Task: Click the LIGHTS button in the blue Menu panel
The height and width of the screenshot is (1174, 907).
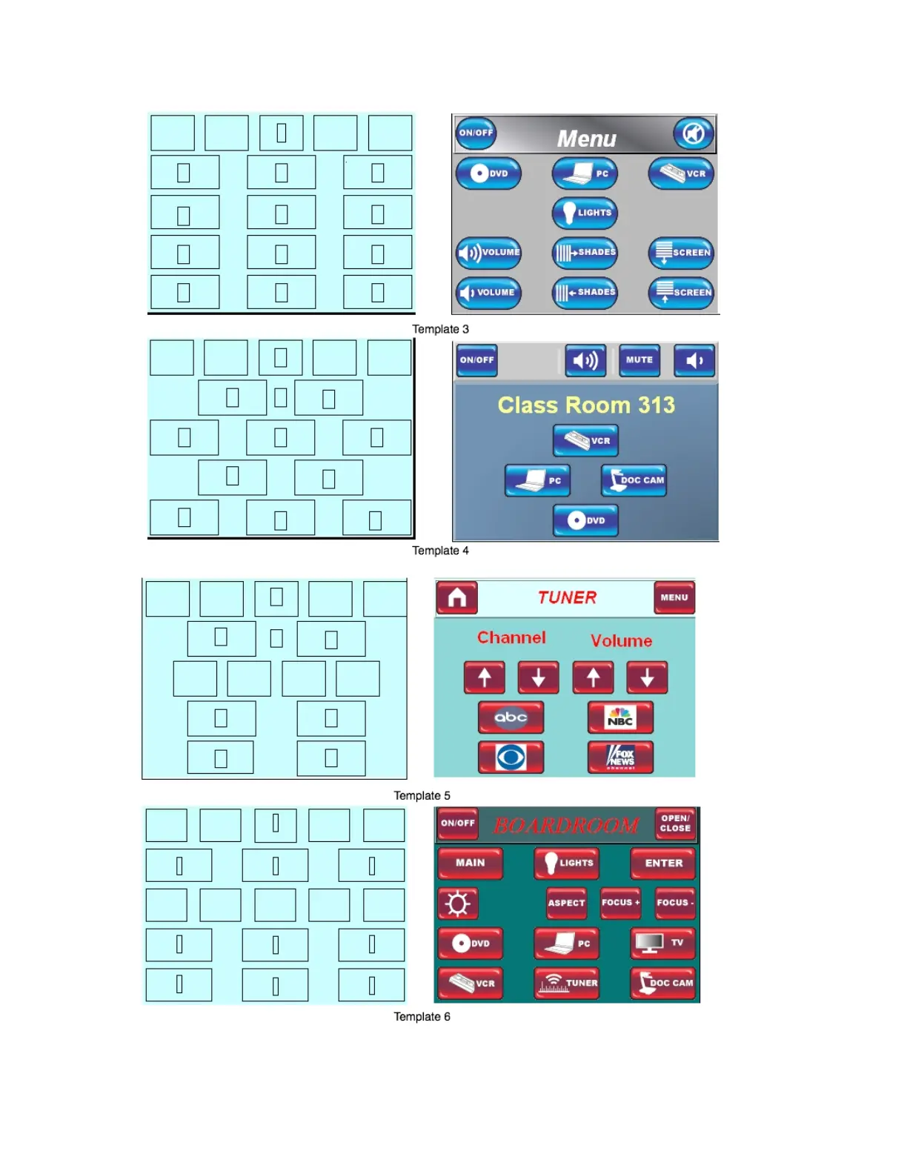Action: (585, 213)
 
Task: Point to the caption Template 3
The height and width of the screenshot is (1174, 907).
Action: (440, 329)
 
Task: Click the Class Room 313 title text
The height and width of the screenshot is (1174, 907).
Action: (586, 405)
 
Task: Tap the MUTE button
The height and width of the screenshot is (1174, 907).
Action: (639, 360)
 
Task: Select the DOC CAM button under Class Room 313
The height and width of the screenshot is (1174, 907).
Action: (634, 480)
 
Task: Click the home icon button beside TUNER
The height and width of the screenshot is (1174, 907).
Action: (456, 597)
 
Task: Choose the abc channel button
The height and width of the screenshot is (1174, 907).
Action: (511, 717)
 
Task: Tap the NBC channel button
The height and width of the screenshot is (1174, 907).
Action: (620, 717)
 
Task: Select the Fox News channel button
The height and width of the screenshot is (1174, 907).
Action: (620, 757)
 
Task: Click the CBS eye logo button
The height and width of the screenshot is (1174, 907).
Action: (511, 757)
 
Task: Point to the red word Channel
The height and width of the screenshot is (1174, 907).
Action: (511, 637)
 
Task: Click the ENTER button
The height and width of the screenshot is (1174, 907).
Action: (663, 863)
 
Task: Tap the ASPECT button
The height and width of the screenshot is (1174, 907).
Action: (566, 903)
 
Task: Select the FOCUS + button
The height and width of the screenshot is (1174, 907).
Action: (620, 903)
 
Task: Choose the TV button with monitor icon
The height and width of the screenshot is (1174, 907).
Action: (663, 943)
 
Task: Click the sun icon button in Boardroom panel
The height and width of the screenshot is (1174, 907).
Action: (457, 903)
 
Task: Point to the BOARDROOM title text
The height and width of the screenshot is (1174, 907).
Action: (566, 825)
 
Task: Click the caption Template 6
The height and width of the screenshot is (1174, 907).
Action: (422, 1017)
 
